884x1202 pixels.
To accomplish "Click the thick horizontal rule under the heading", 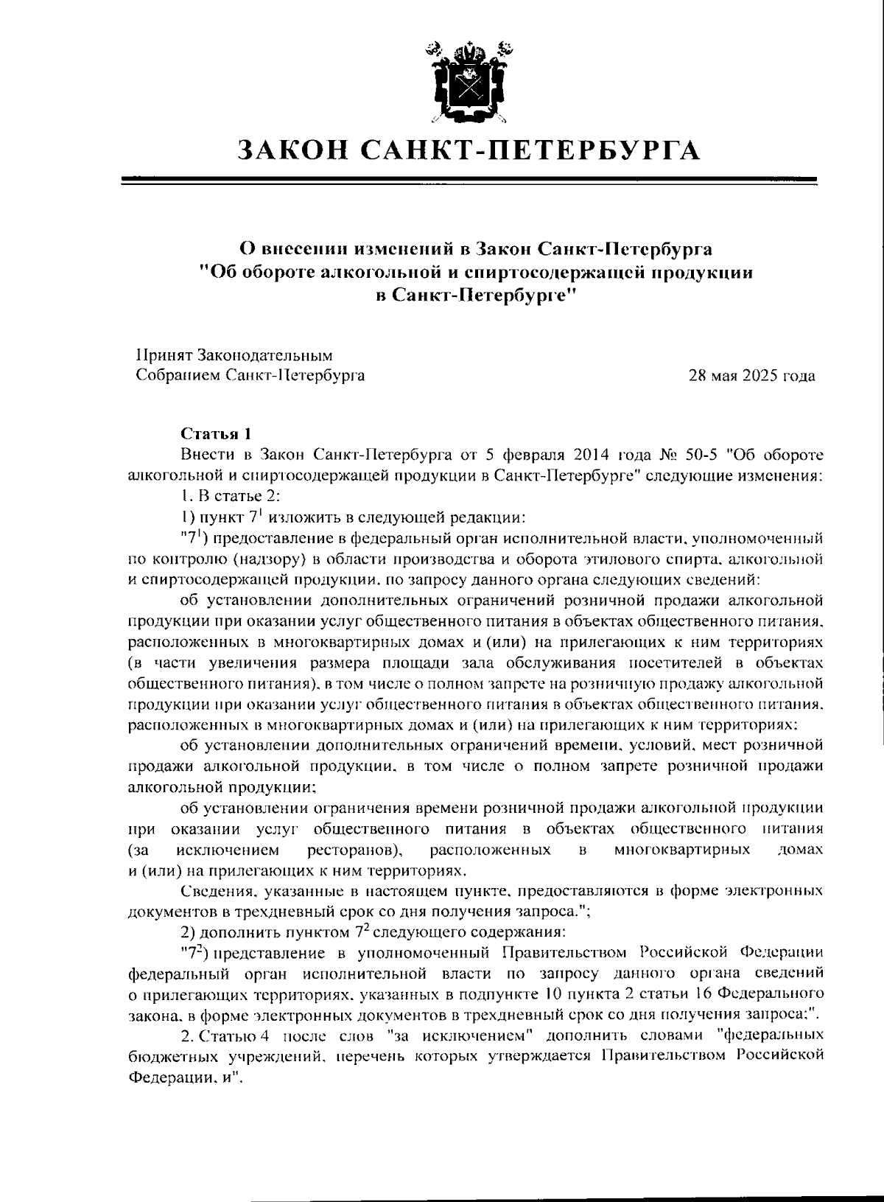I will pyautogui.click(x=469, y=178).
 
